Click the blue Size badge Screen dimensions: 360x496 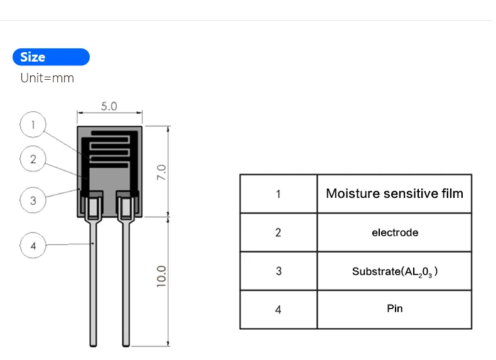click(x=51, y=57)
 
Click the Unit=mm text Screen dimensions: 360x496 click(x=47, y=78)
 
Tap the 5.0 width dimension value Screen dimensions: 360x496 click(x=109, y=106)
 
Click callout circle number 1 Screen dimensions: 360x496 click(x=33, y=124)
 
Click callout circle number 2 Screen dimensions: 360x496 click(x=33, y=159)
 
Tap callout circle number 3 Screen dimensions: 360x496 click(x=33, y=201)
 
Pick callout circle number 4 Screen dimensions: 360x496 click(x=33, y=246)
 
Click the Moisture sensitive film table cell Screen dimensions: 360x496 click(x=394, y=194)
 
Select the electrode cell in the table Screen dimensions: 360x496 click(x=394, y=232)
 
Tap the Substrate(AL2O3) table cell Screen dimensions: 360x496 click(x=394, y=271)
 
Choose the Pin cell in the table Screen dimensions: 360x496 click(x=394, y=309)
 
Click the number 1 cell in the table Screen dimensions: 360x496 click(x=278, y=194)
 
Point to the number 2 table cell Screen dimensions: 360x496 click(x=278, y=232)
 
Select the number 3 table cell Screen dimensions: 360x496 click(x=278, y=271)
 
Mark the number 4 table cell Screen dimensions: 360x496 click(x=278, y=309)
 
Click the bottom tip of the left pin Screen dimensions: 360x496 click(x=94, y=343)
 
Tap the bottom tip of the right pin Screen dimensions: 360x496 click(x=126, y=343)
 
